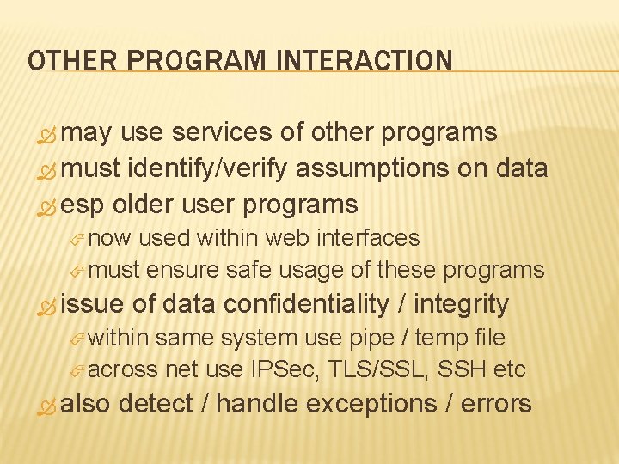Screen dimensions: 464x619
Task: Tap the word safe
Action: [x=248, y=270]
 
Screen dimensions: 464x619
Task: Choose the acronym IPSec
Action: [x=283, y=369]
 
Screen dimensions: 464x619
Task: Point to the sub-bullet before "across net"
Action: [x=78, y=371]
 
